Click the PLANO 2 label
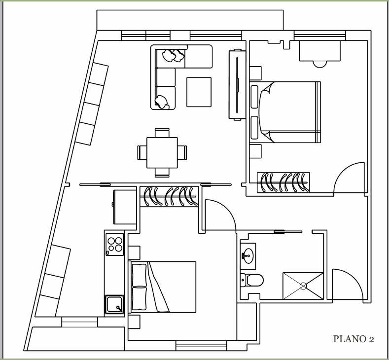coord(354,339)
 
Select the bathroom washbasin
coord(248,255)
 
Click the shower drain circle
coord(303,286)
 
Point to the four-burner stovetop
coord(114,245)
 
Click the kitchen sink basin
coord(114,305)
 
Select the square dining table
coord(162,152)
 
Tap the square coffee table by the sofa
coord(199,92)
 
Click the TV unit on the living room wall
coord(237,85)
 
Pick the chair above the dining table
coord(162,133)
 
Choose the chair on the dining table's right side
coord(182,152)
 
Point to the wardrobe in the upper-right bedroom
coord(283,182)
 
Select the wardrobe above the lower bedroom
coord(169,196)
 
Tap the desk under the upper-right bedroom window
coord(320,51)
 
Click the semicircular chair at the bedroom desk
coord(320,64)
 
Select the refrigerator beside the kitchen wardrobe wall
coord(125,207)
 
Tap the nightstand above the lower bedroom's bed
coord(134,252)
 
